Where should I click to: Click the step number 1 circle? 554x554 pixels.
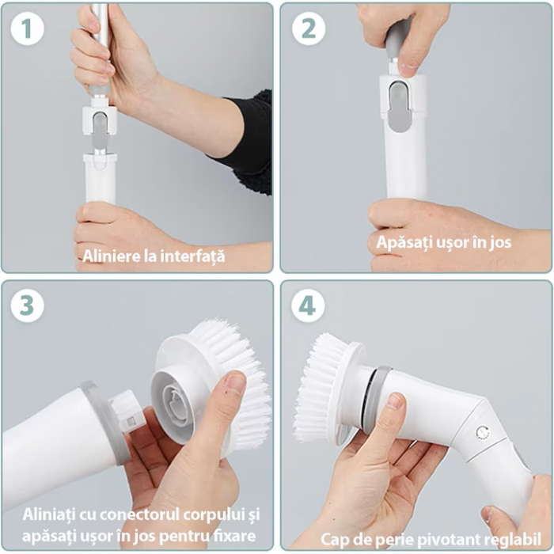point(27,28)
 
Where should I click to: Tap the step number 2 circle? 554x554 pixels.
point(309,28)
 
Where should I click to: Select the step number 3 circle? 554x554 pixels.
point(27,305)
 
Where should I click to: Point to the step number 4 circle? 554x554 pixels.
point(308,305)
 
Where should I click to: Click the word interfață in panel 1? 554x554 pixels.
point(192,256)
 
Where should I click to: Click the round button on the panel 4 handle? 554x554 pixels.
point(482,432)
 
